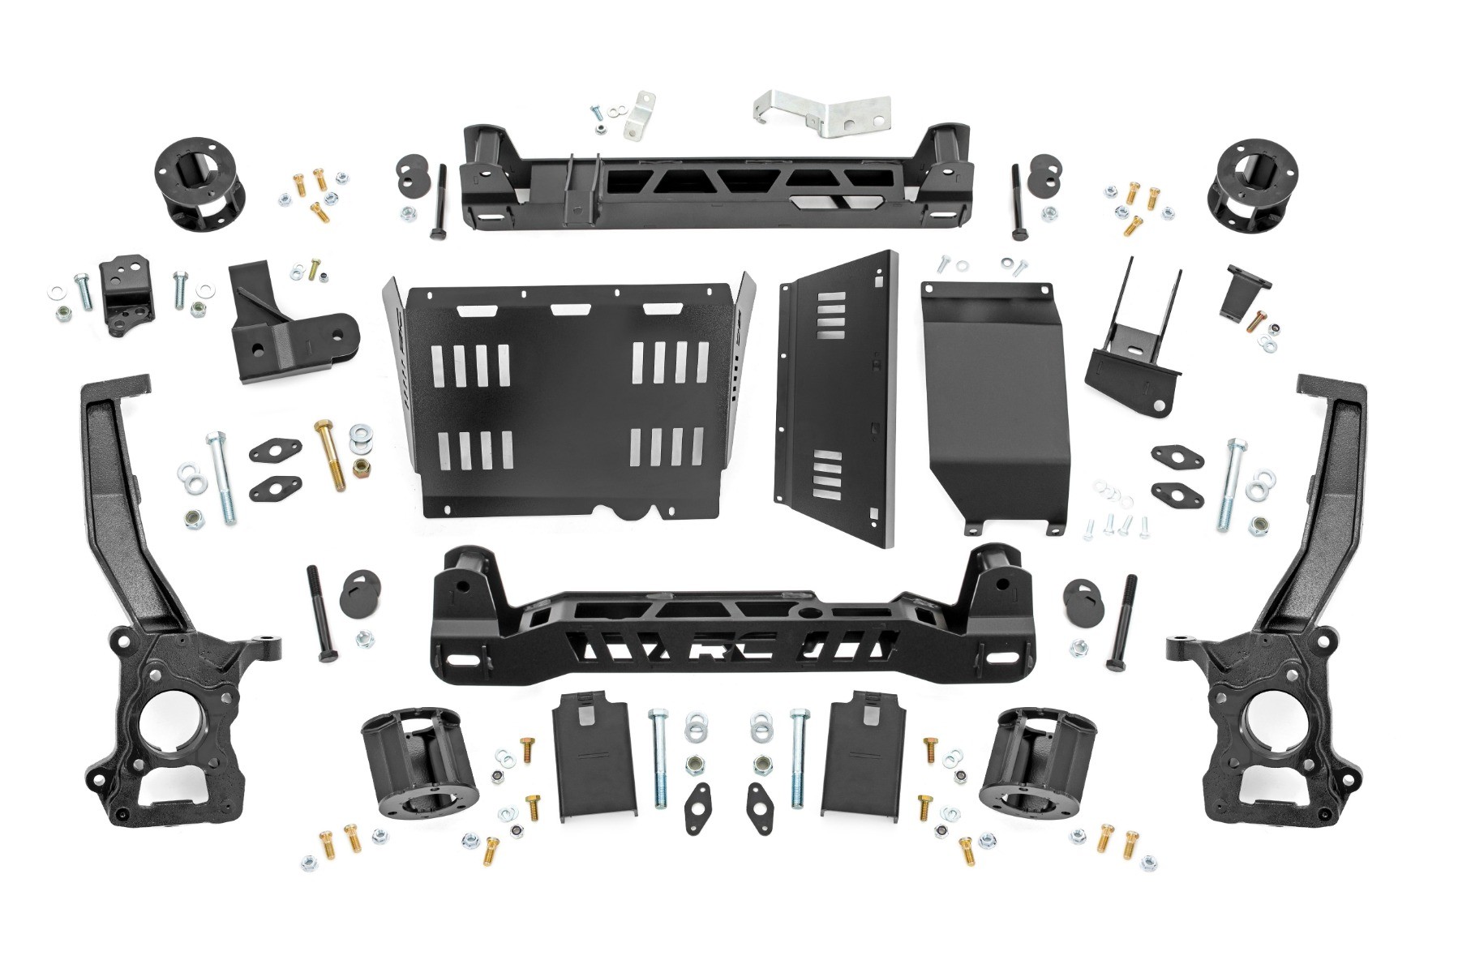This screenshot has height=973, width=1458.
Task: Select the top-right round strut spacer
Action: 1252,186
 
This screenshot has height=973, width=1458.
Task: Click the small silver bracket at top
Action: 641,116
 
